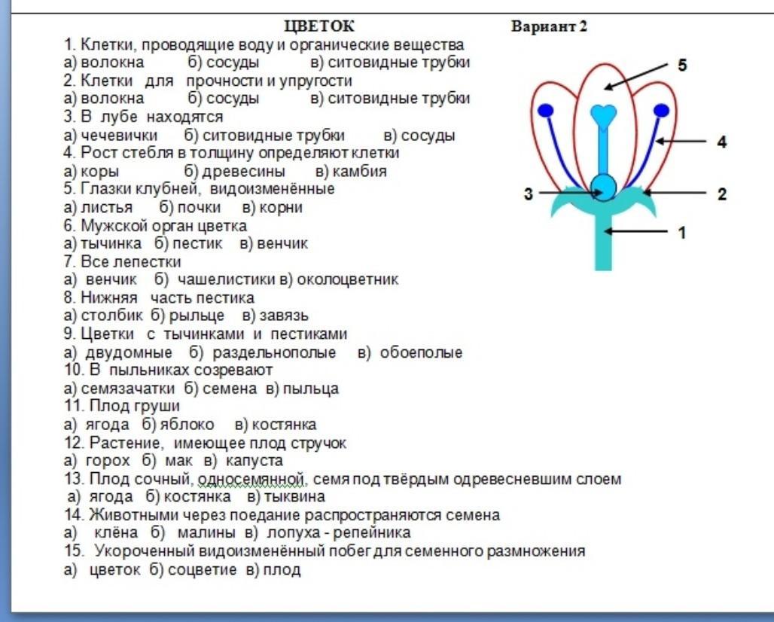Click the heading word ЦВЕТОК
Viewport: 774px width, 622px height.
[319, 26]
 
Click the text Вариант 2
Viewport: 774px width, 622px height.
[549, 26]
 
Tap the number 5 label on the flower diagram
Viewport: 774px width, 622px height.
[681, 66]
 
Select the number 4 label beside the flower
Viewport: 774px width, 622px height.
[722, 142]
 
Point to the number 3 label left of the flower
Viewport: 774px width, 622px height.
[529, 194]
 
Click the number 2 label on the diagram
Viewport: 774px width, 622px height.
[722, 194]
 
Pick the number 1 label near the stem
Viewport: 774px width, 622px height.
[681, 232]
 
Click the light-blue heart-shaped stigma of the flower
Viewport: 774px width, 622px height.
[603, 115]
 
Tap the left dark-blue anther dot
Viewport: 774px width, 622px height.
[545, 111]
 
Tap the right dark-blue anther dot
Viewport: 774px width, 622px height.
[662, 111]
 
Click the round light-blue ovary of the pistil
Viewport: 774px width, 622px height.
[603, 188]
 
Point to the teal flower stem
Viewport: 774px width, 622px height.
[603, 242]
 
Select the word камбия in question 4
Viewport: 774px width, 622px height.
[360, 171]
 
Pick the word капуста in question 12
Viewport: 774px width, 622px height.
[254, 461]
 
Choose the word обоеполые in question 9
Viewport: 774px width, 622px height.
[421, 352]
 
